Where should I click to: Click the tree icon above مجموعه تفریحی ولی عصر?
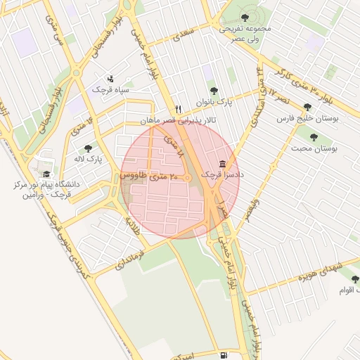pos(244,18)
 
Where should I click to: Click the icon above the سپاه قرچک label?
pos(110,79)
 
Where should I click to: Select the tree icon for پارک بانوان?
pos(214,91)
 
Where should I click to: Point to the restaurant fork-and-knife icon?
pos(178,109)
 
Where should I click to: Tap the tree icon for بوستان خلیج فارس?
pos(307,107)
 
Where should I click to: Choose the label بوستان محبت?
pos(314,148)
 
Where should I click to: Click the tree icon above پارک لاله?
pos(88,148)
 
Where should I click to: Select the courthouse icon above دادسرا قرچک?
pos(222,162)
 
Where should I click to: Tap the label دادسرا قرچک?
pos(220,173)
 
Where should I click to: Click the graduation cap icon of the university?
pos(46,174)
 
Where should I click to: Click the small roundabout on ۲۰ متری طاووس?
pos(188,179)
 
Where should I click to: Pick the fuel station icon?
pos(223,355)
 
